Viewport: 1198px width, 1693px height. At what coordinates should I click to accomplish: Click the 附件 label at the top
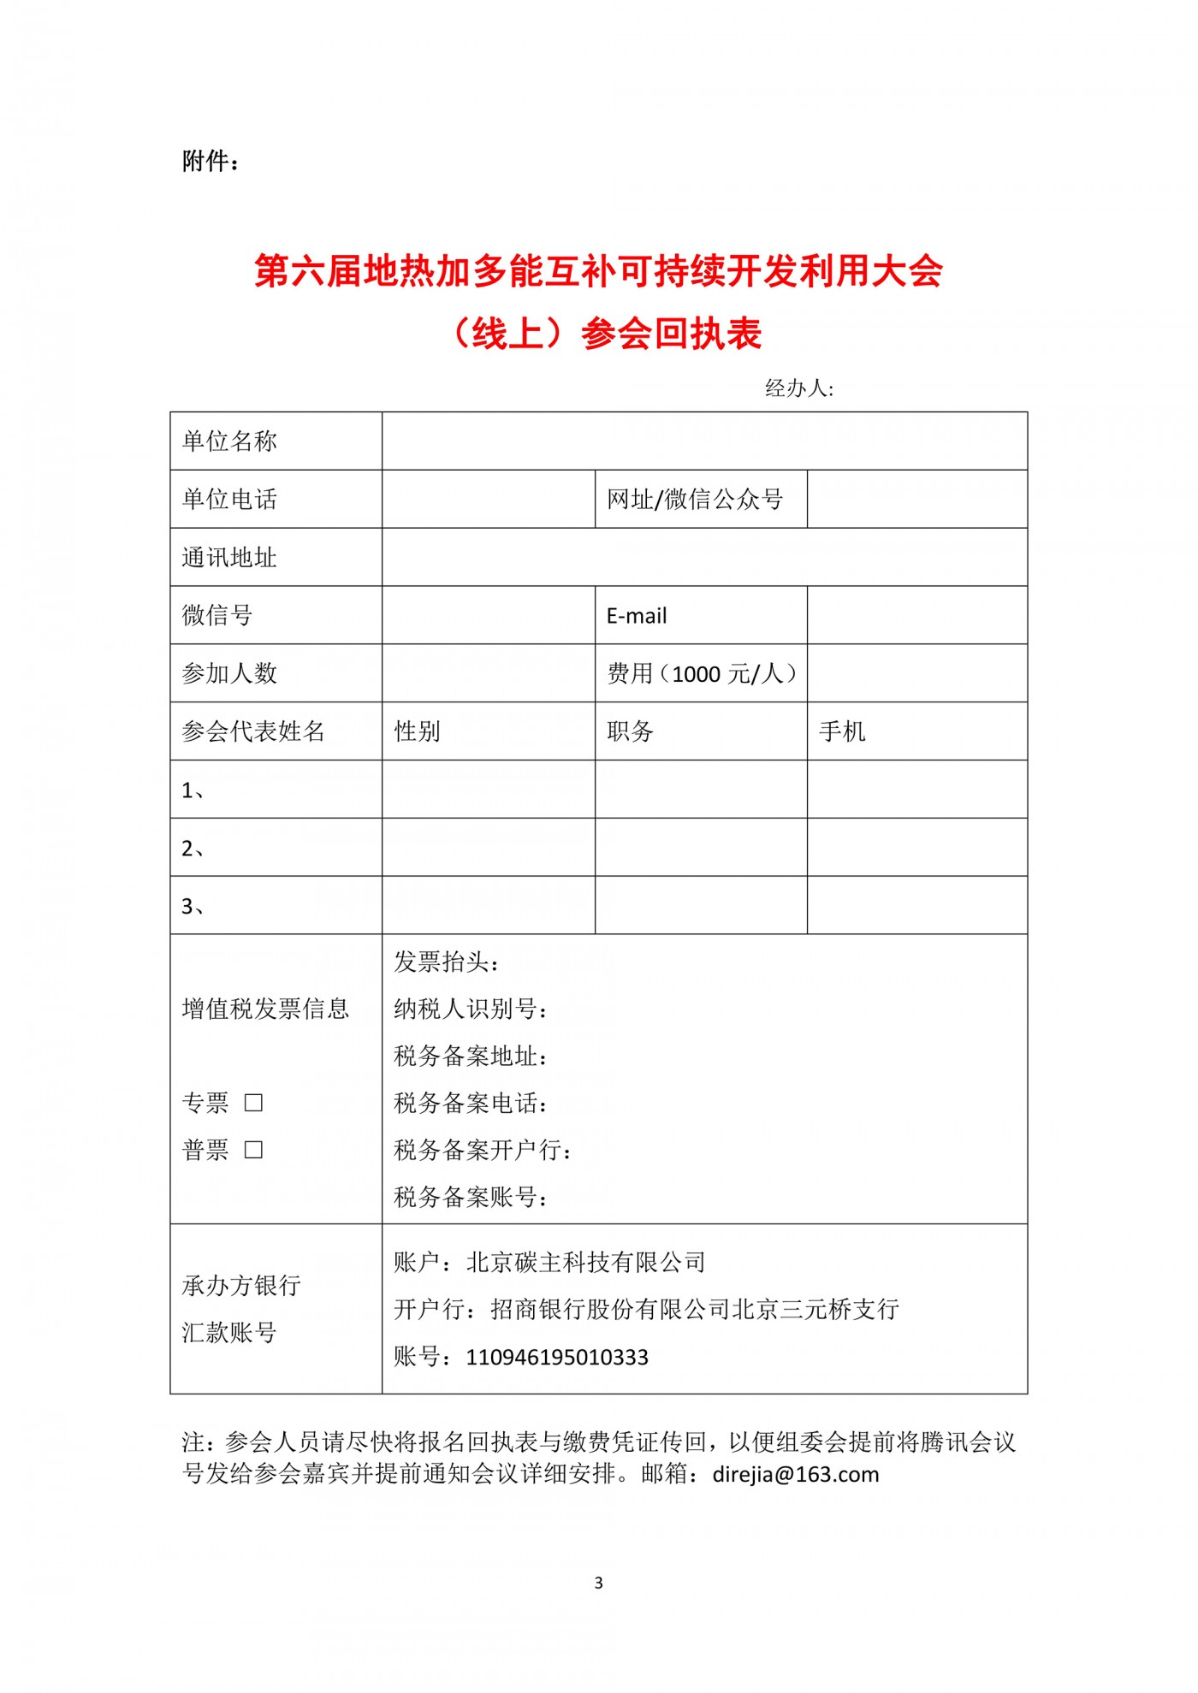[x=210, y=161]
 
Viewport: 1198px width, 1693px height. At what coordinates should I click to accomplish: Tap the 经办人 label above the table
[x=798, y=388]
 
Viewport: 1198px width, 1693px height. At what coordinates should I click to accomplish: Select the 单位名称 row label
[x=229, y=441]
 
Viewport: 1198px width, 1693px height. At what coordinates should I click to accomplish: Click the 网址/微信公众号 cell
[x=695, y=500]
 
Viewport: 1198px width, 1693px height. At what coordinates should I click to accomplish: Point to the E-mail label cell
[x=637, y=616]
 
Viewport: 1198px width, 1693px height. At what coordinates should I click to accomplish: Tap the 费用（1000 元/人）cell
[x=702, y=674]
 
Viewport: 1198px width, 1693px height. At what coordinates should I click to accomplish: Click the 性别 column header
[x=417, y=731]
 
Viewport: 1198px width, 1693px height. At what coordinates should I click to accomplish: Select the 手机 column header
[x=842, y=731]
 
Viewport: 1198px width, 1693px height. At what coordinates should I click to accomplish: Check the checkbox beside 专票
[x=253, y=1103]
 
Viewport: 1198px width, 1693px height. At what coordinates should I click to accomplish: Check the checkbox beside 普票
[x=253, y=1150]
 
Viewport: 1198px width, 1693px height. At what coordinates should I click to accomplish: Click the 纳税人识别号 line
[x=470, y=1009]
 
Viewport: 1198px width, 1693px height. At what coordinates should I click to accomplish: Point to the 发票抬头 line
[x=446, y=962]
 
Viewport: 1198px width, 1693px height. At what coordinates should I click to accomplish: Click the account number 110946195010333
[x=557, y=1358]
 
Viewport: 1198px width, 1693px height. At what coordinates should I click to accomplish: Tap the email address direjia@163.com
[x=796, y=1475]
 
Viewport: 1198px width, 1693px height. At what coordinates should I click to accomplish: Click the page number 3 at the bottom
[x=598, y=1583]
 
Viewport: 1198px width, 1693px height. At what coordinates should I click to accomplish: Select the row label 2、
[x=193, y=849]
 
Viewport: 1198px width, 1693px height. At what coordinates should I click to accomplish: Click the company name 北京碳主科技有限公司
[x=586, y=1263]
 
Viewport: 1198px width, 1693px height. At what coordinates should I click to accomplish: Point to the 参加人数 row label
[x=229, y=674]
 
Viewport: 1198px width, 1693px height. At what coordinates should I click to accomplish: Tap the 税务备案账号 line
[x=470, y=1197]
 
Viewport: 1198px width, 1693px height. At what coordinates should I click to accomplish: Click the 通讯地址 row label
[x=229, y=558]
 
